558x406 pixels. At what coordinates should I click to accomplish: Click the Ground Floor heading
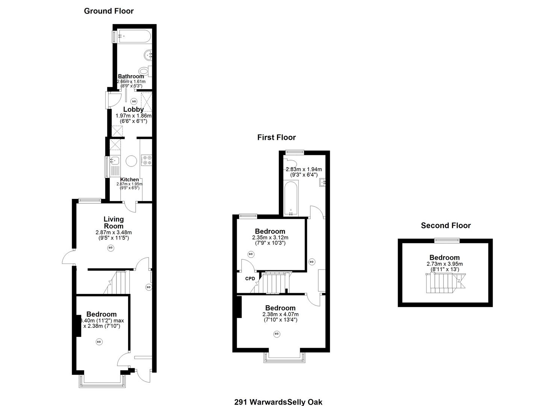[109, 11]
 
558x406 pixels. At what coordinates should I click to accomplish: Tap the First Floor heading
[276, 138]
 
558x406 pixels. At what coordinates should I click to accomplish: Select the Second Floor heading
[446, 226]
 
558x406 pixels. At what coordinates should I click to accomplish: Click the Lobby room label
[133, 109]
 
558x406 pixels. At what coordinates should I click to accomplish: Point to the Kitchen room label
[129, 180]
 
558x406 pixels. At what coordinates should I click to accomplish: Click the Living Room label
[113, 223]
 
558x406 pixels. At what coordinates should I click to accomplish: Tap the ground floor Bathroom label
[131, 76]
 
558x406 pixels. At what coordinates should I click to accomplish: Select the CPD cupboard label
[250, 279]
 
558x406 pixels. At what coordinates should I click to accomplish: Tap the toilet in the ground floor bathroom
[144, 71]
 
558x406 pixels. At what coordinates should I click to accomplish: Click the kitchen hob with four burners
[146, 161]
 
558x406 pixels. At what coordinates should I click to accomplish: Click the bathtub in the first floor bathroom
[291, 198]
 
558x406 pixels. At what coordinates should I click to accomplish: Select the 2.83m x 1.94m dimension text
[304, 169]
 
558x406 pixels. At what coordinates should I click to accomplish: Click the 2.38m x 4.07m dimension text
[280, 314]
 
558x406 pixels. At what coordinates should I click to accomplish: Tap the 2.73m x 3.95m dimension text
[445, 264]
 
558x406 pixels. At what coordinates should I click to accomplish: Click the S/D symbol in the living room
[110, 248]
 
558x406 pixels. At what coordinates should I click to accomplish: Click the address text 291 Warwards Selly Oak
[278, 402]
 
